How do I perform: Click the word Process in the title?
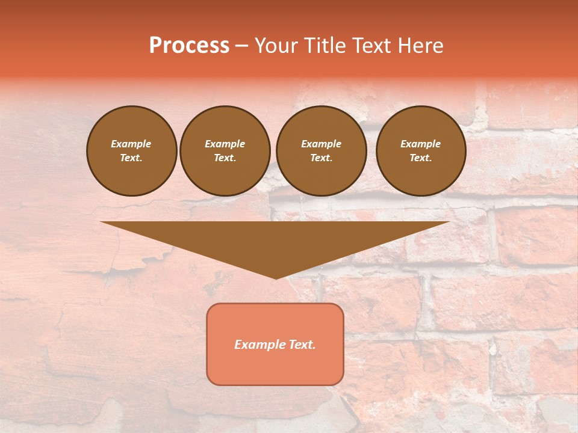pos(189,46)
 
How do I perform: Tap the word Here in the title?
pos(420,46)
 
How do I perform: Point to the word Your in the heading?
pos(275,46)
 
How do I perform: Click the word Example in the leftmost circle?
pos(131,144)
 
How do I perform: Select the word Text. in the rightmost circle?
pos(420,158)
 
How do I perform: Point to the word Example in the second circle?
pos(225,144)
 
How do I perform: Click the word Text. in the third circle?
pos(321,158)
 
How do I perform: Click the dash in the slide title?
pos(241,46)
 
